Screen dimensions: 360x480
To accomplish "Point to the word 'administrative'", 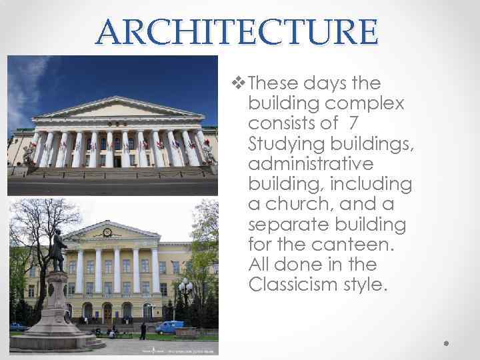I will tap(310, 164).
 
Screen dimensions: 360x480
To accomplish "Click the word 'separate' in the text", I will tap(287, 224).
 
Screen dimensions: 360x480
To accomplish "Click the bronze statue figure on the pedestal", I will tap(58, 249).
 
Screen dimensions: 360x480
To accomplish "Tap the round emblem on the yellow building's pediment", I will tap(107, 233).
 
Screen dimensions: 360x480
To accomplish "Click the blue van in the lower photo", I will tap(170, 327).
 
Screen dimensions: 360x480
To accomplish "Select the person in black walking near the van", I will tap(143, 331).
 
